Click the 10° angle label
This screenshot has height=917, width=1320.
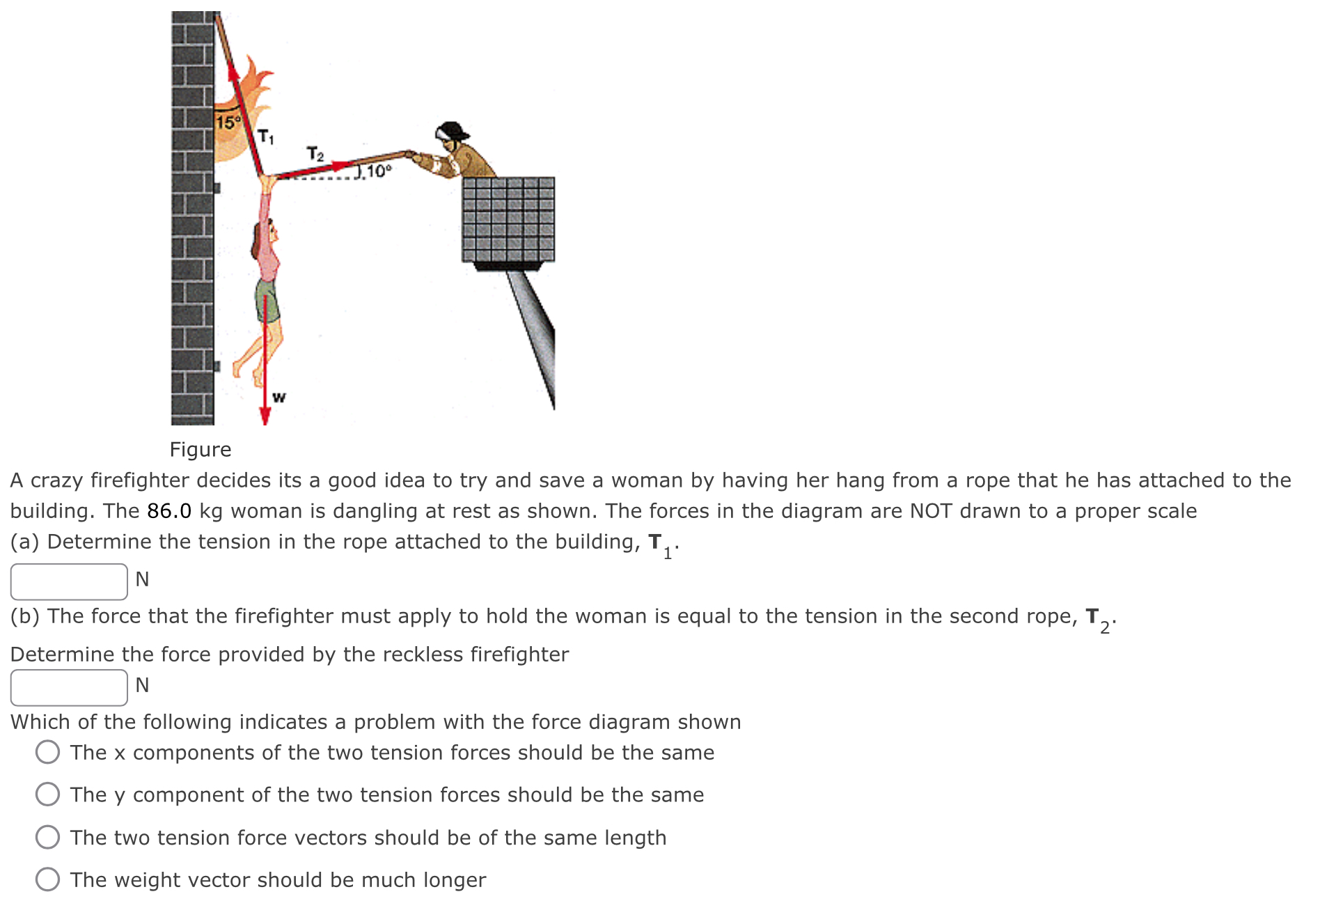pyautogui.click(x=379, y=171)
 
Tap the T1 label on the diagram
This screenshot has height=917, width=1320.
pyautogui.click(x=266, y=136)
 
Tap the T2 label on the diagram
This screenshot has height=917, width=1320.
pyautogui.click(x=315, y=153)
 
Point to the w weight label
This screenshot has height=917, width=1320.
pyautogui.click(x=278, y=398)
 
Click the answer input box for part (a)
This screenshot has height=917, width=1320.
pyautogui.click(x=69, y=581)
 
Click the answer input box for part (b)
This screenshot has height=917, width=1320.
pyautogui.click(x=69, y=687)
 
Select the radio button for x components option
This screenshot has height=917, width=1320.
pyautogui.click(x=47, y=752)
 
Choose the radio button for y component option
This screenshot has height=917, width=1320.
pyautogui.click(x=47, y=794)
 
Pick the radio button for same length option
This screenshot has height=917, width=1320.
pyautogui.click(x=47, y=837)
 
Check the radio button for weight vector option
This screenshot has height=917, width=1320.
pyautogui.click(x=47, y=879)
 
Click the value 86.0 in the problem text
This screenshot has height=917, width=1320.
pyautogui.click(x=169, y=511)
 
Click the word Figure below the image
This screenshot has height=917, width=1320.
pyautogui.click(x=201, y=450)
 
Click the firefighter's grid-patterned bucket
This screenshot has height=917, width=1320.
pyautogui.click(x=508, y=219)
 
